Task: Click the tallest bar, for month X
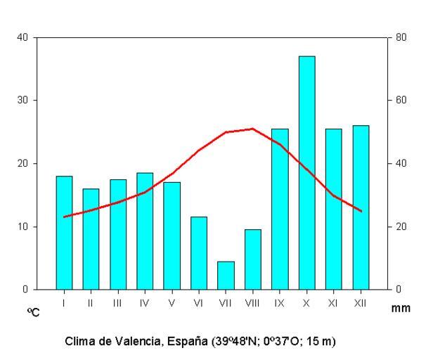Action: tap(306, 172)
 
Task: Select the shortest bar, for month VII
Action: tap(226, 275)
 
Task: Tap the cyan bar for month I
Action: tap(64, 232)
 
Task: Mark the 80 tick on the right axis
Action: tap(401, 37)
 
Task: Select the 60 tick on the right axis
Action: tap(401, 101)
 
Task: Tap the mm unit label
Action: tap(403, 308)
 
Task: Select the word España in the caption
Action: tap(187, 341)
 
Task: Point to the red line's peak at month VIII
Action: tap(252, 129)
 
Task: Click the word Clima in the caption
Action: tap(79, 341)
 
